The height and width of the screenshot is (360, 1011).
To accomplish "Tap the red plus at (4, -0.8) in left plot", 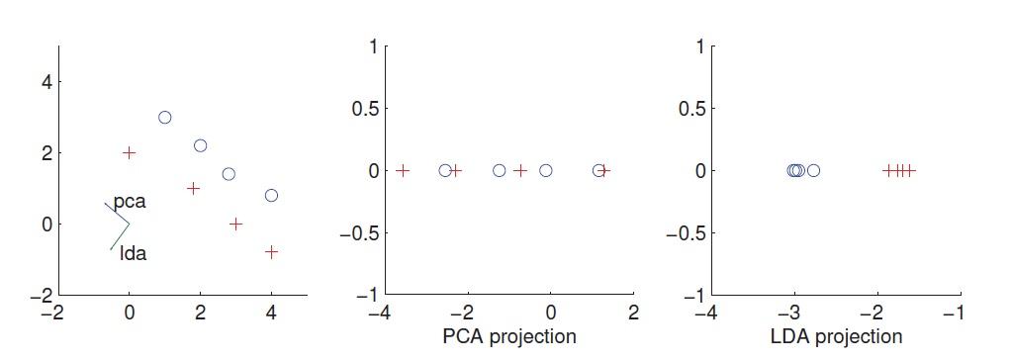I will pyautogui.click(x=271, y=252).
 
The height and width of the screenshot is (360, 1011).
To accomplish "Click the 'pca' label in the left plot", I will pyautogui.click(x=130, y=202).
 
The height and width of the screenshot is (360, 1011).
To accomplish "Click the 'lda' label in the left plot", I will pyautogui.click(x=133, y=253).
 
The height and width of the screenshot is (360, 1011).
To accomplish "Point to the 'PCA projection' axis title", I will pyautogui.click(x=508, y=336).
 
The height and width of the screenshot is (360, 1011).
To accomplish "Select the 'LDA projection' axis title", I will pyautogui.click(x=836, y=336).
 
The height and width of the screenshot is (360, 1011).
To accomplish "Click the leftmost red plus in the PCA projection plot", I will pyautogui.click(x=403, y=171).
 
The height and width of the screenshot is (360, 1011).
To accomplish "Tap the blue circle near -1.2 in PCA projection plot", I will pyautogui.click(x=500, y=171).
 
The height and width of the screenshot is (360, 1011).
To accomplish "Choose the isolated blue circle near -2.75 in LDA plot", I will pyautogui.click(x=813, y=171).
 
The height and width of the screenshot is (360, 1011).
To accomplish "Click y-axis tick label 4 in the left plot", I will pyautogui.click(x=46, y=82).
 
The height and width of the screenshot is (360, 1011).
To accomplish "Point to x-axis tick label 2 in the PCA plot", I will pyautogui.click(x=634, y=314).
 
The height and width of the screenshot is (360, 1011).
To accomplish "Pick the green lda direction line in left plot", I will pyautogui.click(x=119, y=236).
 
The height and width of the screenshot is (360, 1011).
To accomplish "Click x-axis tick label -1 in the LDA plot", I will pyautogui.click(x=955, y=314).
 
